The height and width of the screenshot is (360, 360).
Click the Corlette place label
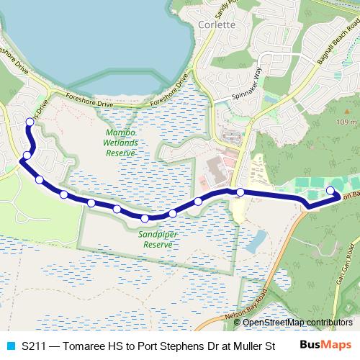point(215,24)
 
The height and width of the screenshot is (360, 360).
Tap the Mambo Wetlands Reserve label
point(121,143)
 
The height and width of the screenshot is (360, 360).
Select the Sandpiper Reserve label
point(158,239)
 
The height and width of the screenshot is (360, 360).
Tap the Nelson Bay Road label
point(240,311)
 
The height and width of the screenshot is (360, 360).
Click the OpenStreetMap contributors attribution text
point(292,322)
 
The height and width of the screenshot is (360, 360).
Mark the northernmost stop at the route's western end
point(30,122)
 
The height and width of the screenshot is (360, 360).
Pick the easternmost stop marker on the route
point(330,190)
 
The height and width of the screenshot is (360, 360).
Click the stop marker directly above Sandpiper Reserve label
point(145,218)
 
